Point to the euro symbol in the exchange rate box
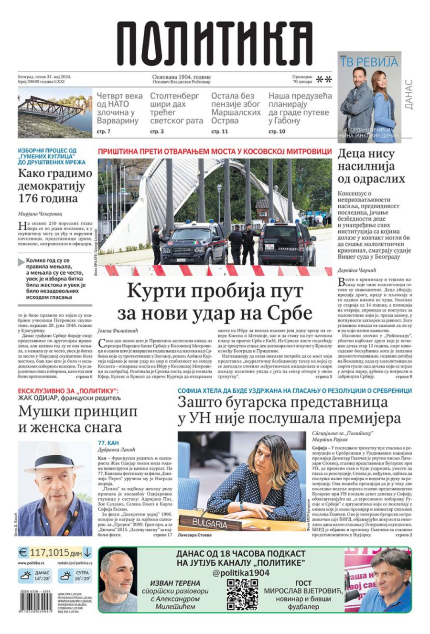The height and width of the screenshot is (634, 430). (23, 553)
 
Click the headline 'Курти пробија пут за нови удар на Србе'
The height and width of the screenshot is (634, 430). (215, 301)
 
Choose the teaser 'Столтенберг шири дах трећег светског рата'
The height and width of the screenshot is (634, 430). (176, 108)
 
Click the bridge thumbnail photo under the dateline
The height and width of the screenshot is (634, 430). (55, 114)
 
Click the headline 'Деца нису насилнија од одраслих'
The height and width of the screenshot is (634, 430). (371, 166)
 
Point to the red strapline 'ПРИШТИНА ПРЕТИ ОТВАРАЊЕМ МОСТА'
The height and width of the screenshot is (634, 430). (215, 151)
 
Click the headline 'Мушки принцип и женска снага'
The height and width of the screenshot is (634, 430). (78, 419)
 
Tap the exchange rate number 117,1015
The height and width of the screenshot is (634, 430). (49, 553)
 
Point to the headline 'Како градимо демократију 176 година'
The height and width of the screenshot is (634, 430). (55, 185)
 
